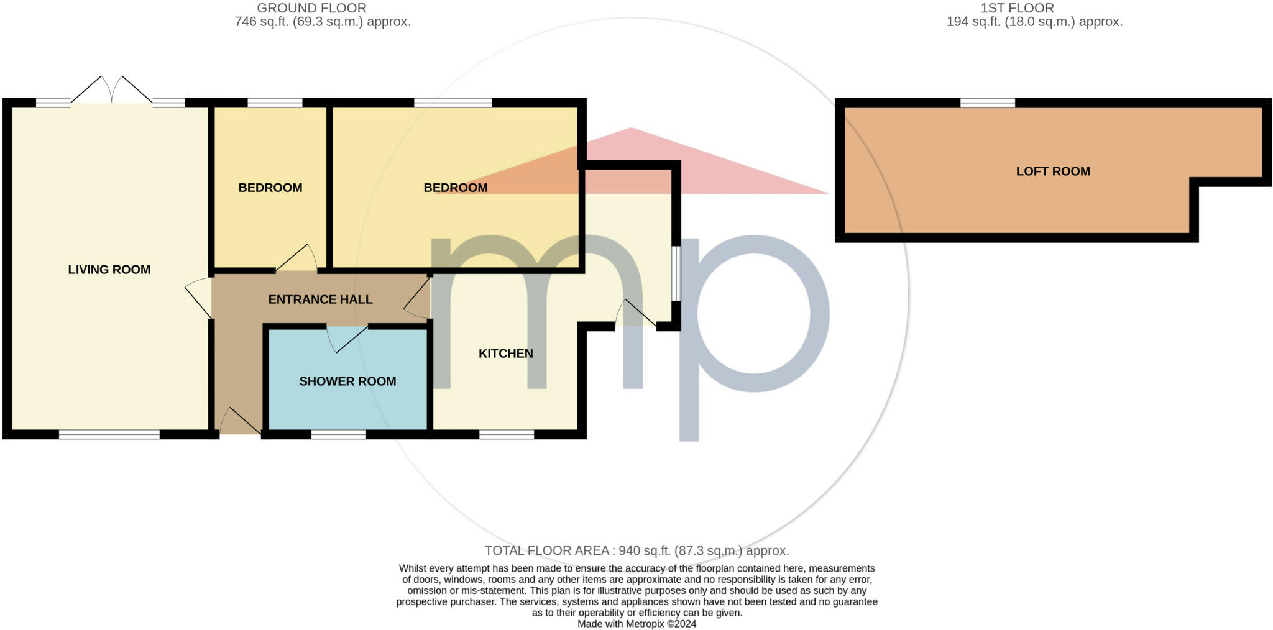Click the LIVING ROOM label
pyautogui.click(x=109, y=270)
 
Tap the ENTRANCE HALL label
pyautogui.click(x=320, y=299)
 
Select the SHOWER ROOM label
pyautogui.click(x=347, y=381)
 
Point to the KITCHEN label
pyautogui.click(x=505, y=354)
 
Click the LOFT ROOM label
pyautogui.click(x=1053, y=171)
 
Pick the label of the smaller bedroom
pyautogui.click(x=270, y=188)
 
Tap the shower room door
pyautogui.click(x=348, y=339)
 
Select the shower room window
pyautogui.click(x=339, y=434)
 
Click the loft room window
pyautogui.click(x=988, y=103)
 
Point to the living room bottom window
pyautogui.click(x=109, y=434)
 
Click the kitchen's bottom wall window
pyautogui.click(x=507, y=434)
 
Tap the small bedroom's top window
pyautogui.click(x=275, y=103)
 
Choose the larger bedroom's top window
pyautogui.click(x=453, y=103)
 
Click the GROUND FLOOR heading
pyautogui.click(x=311, y=8)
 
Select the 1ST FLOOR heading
pyautogui.click(x=1017, y=8)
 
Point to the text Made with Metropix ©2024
pyautogui.click(x=636, y=624)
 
